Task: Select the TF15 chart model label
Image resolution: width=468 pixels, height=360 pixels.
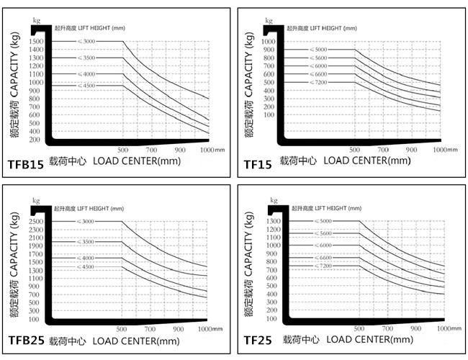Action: (x=257, y=165)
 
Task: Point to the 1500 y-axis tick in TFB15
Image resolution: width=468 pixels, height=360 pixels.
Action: (x=37, y=41)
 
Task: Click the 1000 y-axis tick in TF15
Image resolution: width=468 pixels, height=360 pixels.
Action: (x=268, y=41)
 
